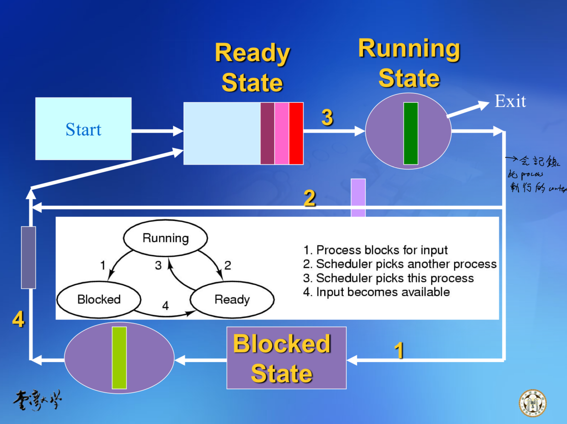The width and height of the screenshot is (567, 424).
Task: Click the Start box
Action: (x=83, y=129)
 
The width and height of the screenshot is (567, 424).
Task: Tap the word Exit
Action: (x=510, y=101)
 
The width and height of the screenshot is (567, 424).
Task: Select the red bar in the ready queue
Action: (x=296, y=133)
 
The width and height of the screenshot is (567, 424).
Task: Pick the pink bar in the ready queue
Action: (x=281, y=133)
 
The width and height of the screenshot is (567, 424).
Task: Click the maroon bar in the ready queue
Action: (x=267, y=133)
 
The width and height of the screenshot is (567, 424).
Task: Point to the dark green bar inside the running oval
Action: (x=410, y=133)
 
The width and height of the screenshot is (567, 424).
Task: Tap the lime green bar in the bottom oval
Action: (x=119, y=358)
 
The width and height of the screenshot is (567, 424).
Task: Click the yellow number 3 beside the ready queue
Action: (x=327, y=117)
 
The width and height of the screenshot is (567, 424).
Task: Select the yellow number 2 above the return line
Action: (x=310, y=198)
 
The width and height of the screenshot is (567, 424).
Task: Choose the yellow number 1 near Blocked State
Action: (x=399, y=350)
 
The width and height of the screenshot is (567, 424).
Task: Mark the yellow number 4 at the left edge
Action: (x=18, y=319)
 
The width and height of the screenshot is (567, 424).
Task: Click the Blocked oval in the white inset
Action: (x=99, y=300)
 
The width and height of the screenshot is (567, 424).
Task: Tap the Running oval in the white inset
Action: (x=166, y=238)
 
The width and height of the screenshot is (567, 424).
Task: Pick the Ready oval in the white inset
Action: (x=232, y=300)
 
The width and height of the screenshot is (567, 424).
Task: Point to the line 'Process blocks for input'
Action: (x=375, y=250)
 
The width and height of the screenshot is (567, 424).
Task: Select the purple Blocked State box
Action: (x=286, y=358)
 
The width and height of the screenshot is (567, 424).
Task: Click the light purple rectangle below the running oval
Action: (x=358, y=197)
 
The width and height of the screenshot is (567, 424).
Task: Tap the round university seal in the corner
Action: (x=533, y=403)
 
